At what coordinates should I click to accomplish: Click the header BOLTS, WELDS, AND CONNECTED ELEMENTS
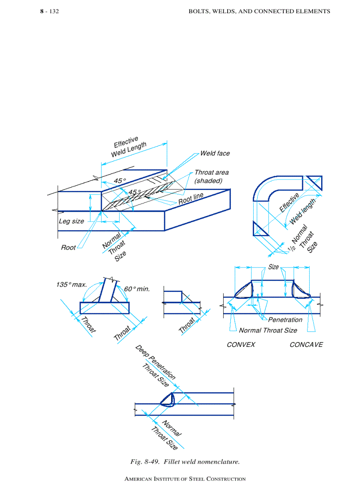point(259,11)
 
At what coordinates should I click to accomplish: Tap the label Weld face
point(215,153)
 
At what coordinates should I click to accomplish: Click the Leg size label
point(71,221)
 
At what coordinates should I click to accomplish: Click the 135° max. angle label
point(71,285)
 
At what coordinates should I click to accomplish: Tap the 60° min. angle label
point(137,289)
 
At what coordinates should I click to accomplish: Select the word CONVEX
point(241,344)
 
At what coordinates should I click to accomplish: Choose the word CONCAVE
point(306,344)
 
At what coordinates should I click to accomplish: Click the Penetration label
point(285,320)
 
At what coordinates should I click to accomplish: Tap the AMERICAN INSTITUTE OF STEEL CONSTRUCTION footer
point(185,479)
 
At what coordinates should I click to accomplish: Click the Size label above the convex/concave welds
point(274,267)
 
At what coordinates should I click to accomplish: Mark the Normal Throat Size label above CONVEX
point(268,330)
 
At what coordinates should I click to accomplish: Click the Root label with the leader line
point(68,248)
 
